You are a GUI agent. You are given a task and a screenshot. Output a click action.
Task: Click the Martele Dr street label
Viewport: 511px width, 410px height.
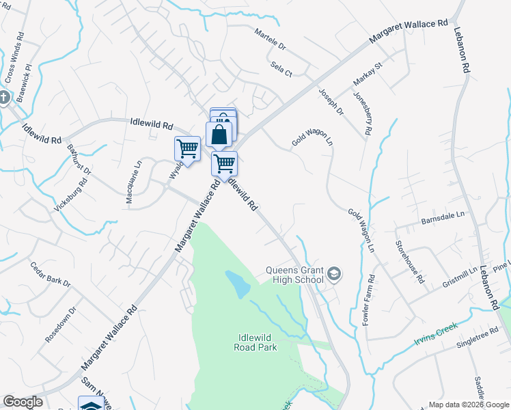click(x=271, y=41)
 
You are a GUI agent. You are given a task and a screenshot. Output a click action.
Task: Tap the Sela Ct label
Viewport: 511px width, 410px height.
click(x=281, y=68)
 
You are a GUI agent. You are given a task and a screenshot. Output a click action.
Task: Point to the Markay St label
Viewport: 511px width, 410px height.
click(x=368, y=73)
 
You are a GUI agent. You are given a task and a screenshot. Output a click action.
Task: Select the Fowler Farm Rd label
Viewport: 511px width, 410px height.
click(x=369, y=299)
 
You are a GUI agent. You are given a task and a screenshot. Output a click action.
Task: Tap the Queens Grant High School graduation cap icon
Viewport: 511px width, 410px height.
click(x=334, y=275)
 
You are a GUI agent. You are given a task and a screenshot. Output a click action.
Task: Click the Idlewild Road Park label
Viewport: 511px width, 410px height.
click(x=258, y=342)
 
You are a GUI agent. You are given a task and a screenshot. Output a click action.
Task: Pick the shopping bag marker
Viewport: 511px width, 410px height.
click(x=219, y=134)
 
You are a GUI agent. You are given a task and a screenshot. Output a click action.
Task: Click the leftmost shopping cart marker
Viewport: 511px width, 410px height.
click(x=187, y=148)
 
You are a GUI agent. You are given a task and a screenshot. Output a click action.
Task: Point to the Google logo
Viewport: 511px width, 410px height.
click(x=23, y=402)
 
